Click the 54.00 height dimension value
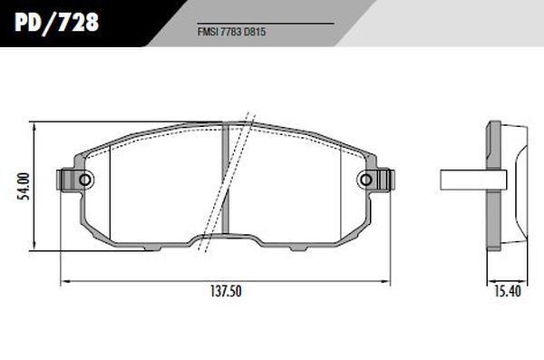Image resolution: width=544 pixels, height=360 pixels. [x=26, y=185]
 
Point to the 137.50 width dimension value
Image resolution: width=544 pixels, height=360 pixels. [x=225, y=292]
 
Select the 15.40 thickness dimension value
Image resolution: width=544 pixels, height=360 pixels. [x=507, y=292]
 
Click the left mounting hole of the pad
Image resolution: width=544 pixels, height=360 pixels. [x=85, y=180]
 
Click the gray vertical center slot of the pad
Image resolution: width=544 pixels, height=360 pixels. [x=225, y=181]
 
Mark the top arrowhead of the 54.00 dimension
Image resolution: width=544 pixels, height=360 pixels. [x=34, y=125]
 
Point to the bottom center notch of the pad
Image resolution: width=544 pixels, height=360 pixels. [x=225, y=240]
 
